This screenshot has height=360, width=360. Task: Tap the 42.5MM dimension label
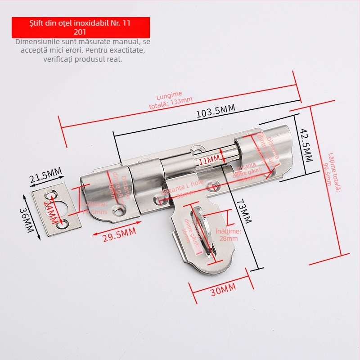coord(306,145)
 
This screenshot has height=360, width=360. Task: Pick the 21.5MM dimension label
coord(45,175)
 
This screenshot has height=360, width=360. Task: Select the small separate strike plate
coord(56,209)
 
